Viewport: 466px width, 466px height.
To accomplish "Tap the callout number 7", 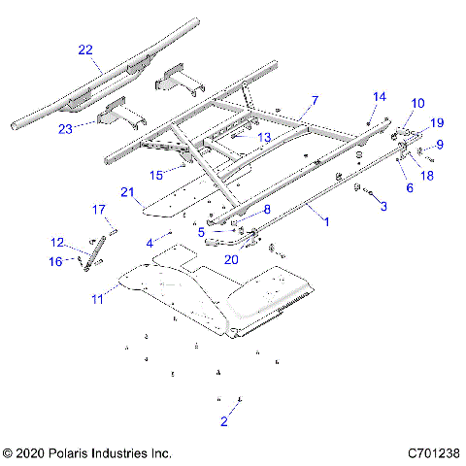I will pyautogui.click(x=314, y=100).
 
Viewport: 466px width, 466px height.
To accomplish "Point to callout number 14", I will pyautogui.click(x=380, y=97).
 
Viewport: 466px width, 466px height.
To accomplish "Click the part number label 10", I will pyautogui.click(x=417, y=103).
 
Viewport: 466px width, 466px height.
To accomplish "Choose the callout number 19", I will pyautogui.click(x=437, y=123).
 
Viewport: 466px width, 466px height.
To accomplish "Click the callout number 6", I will pyautogui.click(x=409, y=187).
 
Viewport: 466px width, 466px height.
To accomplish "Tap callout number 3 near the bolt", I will pyautogui.click(x=383, y=206).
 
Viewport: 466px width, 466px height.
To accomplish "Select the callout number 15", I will pyautogui.click(x=158, y=174).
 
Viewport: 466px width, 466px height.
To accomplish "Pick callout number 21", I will pyautogui.click(x=126, y=192).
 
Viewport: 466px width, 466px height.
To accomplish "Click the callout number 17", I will pyautogui.click(x=98, y=210).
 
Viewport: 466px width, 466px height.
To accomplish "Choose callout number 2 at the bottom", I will pyautogui.click(x=224, y=420).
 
